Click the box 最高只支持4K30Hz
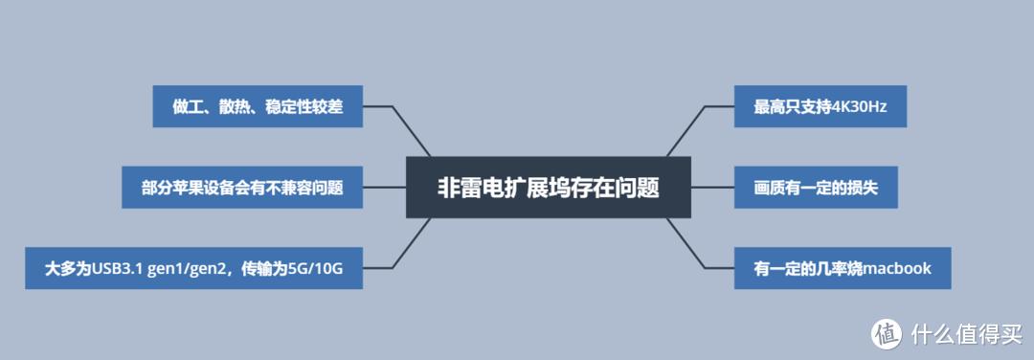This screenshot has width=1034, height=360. click(x=820, y=107)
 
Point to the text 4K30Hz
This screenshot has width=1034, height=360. click(x=862, y=107)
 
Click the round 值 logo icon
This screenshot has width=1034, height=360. click(x=886, y=334)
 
